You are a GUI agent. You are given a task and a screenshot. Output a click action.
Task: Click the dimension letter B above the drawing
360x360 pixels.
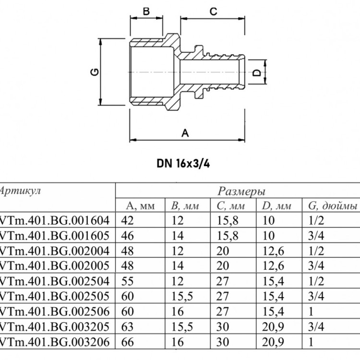(x=146, y=11)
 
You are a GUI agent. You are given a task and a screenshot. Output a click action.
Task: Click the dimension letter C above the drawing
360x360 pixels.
(x=213, y=11)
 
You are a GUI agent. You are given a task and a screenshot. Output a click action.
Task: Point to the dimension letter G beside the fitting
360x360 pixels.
(x=95, y=72)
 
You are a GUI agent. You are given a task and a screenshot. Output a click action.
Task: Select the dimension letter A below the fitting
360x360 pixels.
(x=185, y=133)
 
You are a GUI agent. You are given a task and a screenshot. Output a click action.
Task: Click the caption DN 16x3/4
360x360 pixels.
(x=183, y=164)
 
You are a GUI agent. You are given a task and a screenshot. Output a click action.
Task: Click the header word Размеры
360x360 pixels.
(x=241, y=191)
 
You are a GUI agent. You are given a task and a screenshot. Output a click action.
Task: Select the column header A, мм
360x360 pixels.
(x=141, y=206)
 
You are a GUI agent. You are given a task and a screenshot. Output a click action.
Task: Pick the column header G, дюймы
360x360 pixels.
(x=333, y=206)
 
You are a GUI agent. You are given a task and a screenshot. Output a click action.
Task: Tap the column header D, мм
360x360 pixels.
(x=276, y=206)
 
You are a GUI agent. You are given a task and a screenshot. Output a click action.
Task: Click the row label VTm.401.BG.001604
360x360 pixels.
(x=54, y=220)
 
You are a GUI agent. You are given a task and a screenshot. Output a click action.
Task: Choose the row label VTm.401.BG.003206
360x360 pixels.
(x=54, y=342)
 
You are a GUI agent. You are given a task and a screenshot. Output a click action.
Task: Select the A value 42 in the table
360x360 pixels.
(x=127, y=220)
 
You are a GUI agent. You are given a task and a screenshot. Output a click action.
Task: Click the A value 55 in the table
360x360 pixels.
(x=127, y=281)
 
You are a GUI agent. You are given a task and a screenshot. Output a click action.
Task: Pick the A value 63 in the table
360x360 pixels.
(x=127, y=327)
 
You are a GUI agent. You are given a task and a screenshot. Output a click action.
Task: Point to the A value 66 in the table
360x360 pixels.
(x=127, y=342)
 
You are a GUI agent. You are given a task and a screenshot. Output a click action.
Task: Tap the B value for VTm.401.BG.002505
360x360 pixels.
(x=182, y=297)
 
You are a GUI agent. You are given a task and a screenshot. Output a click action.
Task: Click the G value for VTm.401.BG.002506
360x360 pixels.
(x=311, y=312)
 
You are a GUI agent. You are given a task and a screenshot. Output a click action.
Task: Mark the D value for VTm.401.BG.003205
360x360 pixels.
(x=273, y=327)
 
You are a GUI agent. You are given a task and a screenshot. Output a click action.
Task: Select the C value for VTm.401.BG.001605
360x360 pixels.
(x=228, y=236)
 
